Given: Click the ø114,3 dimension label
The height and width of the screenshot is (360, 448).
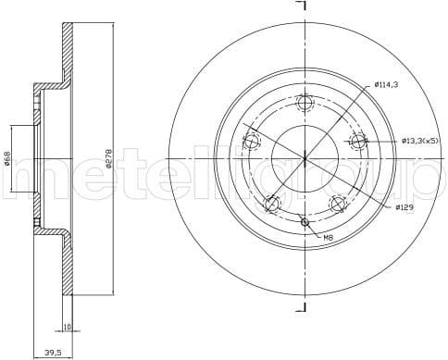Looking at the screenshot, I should (x=387, y=84).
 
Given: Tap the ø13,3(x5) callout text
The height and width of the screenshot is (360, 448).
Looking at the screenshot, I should (x=420, y=141).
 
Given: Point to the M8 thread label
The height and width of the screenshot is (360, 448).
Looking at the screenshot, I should (x=328, y=238).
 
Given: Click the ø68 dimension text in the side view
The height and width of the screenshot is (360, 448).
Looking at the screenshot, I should (x=7, y=158).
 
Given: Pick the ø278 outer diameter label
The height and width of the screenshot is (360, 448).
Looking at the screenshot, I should (x=108, y=158).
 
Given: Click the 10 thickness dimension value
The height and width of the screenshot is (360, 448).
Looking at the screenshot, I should (x=68, y=326).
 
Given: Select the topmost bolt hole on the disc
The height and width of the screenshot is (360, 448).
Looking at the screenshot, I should (x=305, y=103).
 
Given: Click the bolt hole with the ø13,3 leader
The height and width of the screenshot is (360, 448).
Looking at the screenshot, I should (x=358, y=142).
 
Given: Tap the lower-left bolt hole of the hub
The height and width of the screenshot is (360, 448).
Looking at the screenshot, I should (x=271, y=204).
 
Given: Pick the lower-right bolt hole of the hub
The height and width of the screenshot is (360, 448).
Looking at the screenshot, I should (x=338, y=204).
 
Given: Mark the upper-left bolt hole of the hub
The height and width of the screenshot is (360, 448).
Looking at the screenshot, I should (x=251, y=142).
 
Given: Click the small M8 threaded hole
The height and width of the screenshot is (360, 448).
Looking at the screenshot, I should (x=305, y=221).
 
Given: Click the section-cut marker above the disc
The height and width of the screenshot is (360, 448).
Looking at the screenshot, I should (x=302, y=6).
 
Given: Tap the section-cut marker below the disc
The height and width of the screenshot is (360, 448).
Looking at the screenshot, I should (x=302, y=307).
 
